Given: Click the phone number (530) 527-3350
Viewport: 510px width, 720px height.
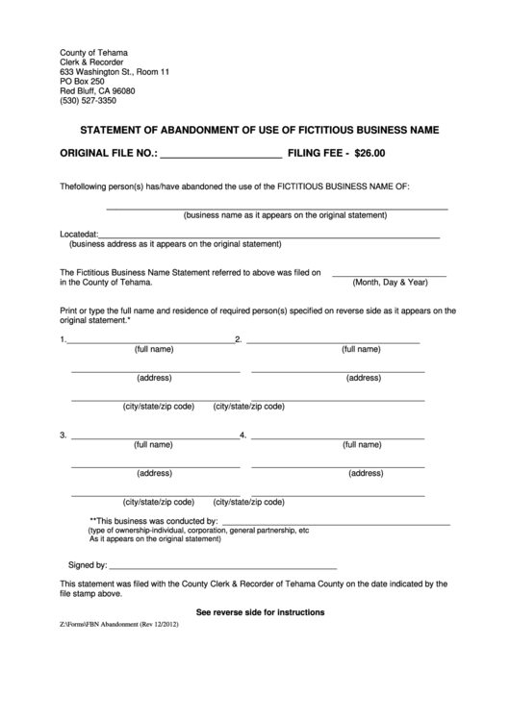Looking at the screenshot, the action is (88, 101).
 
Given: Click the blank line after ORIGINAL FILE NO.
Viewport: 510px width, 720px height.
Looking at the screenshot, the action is (220, 155).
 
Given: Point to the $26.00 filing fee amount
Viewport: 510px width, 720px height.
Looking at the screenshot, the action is (369, 152).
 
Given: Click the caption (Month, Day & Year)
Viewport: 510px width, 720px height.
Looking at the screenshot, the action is (390, 283).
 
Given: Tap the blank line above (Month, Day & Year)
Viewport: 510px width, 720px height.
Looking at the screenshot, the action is (389, 276).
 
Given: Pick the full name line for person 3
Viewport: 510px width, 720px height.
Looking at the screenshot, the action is (153, 437).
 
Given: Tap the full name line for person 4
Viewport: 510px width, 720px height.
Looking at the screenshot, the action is (337, 437).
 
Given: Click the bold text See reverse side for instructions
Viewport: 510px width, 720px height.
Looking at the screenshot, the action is (260, 612).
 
